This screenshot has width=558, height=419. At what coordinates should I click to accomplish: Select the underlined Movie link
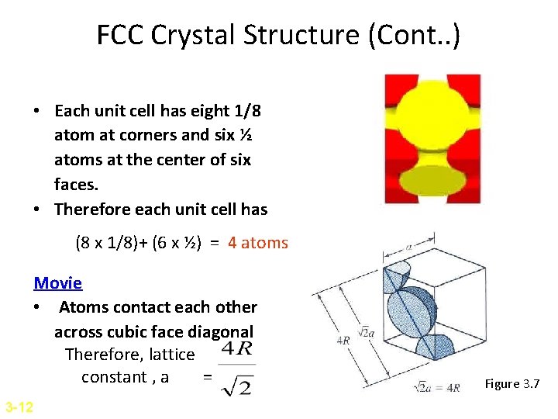point(57,284)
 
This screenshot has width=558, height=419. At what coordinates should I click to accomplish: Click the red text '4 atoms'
point(257,243)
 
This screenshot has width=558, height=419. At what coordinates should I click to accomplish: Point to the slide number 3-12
point(18,407)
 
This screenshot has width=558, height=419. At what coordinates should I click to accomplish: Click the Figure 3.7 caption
point(511,383)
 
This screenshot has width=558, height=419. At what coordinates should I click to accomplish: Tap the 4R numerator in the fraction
point(236,348)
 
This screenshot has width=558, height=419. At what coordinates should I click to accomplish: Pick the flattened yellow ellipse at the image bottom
point(432,180)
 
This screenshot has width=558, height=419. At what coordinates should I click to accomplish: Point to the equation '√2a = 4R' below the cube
point(437,387)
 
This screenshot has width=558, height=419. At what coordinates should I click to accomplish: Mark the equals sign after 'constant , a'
point(206,378)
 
